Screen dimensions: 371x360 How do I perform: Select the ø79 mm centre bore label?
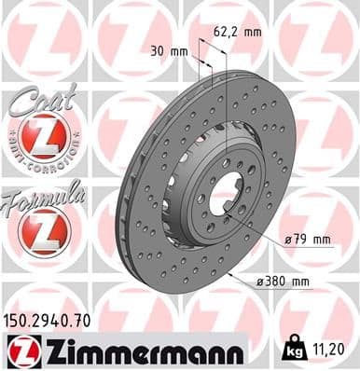309,240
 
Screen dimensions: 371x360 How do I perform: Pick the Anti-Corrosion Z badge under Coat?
43,140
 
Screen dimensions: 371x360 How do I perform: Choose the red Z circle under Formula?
43,231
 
